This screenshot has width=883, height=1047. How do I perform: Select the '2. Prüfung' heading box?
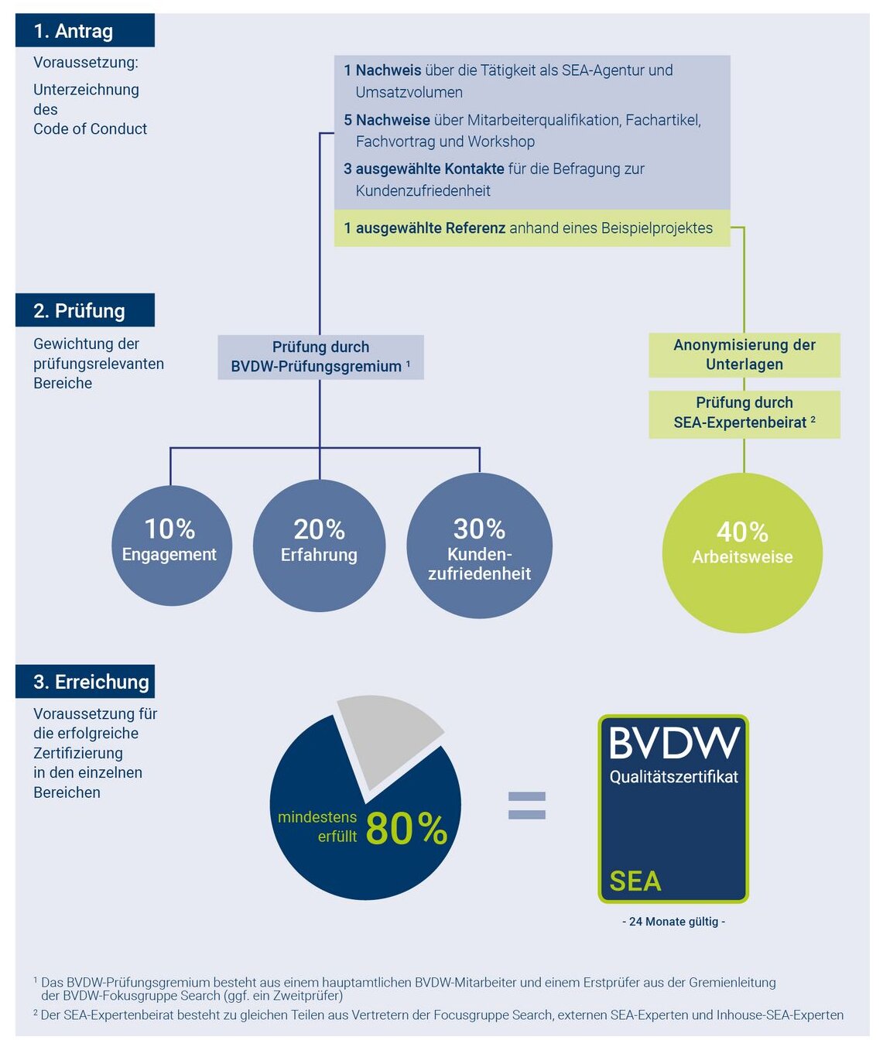(84, 310)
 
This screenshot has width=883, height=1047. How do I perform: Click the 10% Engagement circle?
(172, 546)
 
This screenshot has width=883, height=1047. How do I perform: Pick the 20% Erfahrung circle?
(320, 546)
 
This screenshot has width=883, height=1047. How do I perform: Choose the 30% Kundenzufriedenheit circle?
(479, 546)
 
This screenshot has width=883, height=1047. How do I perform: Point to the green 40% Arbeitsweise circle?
(743, 553)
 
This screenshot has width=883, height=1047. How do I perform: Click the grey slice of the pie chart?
(385, 737)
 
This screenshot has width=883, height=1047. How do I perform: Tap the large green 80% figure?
(406, 828)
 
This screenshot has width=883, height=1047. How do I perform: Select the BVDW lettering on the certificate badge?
(674, 743)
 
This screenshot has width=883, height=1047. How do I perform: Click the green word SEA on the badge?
(635, 881)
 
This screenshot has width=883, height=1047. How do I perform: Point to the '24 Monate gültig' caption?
(674, 922)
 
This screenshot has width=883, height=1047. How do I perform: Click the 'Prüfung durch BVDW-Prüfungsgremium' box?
(321, 357)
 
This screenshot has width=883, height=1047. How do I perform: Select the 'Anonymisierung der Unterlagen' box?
(744, 355)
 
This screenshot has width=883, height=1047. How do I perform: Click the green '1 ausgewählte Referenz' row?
(532, 228)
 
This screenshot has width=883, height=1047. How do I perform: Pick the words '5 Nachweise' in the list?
(387, 121)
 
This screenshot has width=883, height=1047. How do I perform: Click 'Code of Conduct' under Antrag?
(91, 129)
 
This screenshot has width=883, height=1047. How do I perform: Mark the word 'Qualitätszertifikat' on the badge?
(674, 777)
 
